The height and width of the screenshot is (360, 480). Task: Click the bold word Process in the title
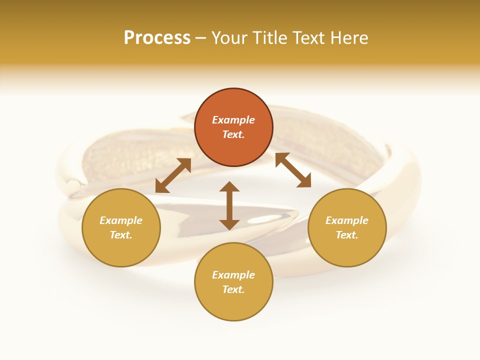(x=157, y=38)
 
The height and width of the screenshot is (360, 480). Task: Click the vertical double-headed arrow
(x=229, y=205)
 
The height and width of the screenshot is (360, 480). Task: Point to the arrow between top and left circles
(x=173, y=175)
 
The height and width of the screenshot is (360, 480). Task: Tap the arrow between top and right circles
(x=293, y=170)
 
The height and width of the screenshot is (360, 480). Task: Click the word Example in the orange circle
(x=233, y=120)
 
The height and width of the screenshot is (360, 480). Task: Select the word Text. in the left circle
(x=121, y=235)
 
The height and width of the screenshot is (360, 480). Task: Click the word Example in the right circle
(x=347, y=220)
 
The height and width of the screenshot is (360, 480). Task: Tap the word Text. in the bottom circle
(x=233, y=289)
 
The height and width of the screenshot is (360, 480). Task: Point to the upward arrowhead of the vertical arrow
(x=229, y=187)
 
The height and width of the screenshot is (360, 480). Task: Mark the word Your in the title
(x=227, y=38)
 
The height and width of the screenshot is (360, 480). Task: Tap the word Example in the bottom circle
(x=233, y=275)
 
